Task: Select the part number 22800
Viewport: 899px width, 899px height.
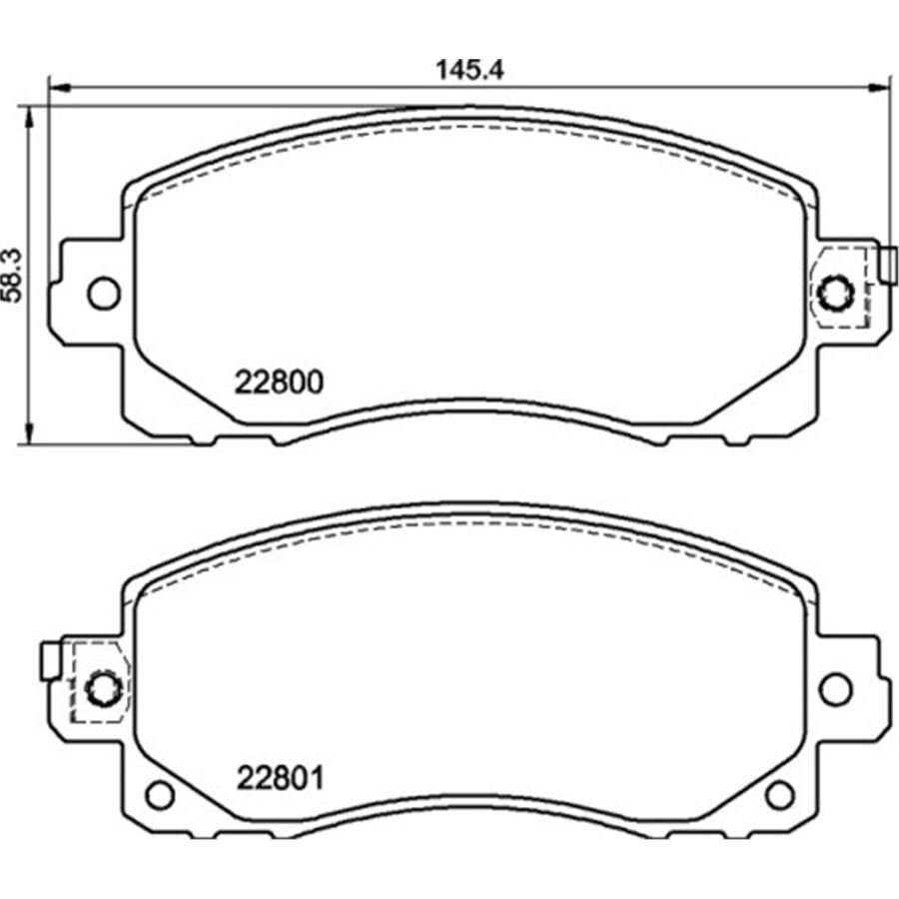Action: [279, 383]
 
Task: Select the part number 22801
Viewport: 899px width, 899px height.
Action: [280, 777]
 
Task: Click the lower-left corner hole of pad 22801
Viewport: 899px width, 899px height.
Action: [159, 795]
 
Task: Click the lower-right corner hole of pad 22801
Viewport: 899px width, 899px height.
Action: [779, 795]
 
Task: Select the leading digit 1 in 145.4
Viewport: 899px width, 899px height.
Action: [441, 70]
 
